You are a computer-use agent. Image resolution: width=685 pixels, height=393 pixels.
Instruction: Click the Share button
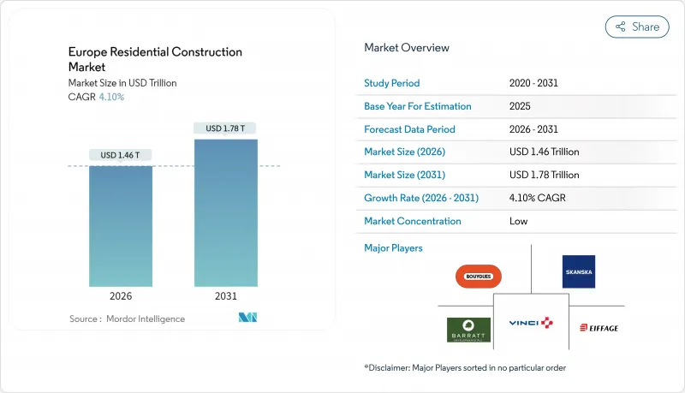tap(637, 27)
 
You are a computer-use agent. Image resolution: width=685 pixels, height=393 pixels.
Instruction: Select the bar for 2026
tap(121, 226)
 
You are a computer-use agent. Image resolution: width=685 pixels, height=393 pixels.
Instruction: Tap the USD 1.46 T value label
tap(121, 155)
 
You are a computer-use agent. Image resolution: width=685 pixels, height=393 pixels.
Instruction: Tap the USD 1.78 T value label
tap(226, 128)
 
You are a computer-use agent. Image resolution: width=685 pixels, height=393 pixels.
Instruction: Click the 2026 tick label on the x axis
tap(121, 295)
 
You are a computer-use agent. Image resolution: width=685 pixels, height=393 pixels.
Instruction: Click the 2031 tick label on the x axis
tap(226, 295)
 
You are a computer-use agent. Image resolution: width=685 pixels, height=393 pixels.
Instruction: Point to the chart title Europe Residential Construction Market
tap(155, 59)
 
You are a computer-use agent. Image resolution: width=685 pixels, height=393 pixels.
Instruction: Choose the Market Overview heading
tap(407, 48)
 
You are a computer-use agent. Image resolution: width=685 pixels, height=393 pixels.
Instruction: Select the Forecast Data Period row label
tap(410, 129)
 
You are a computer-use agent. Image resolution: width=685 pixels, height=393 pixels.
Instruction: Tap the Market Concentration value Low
tap(519, 221)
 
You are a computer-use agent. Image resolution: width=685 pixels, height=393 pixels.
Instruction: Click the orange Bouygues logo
tap(479, 277)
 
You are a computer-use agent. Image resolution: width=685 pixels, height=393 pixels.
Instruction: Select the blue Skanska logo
tap(578, 271)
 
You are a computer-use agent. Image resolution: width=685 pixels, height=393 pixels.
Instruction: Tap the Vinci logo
tap(532, 322)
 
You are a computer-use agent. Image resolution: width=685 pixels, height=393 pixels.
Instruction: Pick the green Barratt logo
tap(468, 330)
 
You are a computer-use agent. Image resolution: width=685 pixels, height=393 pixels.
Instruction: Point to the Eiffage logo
tap(599, 328)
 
